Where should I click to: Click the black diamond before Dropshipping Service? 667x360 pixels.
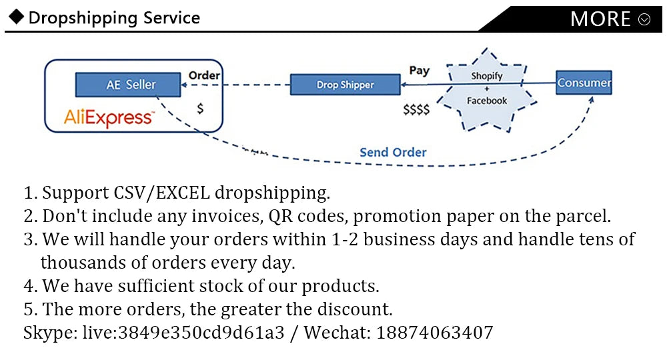[16, 17]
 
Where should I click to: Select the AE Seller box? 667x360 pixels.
[128, 85]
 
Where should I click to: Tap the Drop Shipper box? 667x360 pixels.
[345, 85]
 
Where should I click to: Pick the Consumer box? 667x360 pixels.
[584, 83]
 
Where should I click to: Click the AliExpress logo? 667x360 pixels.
[109, 118]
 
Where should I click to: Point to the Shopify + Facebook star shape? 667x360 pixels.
[487, 89]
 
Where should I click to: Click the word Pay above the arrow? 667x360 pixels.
[419, 70]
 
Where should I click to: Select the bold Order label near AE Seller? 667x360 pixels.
[204, 75]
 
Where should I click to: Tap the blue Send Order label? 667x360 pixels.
[393, 152]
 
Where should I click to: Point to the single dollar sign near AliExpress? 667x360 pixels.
[200, 109]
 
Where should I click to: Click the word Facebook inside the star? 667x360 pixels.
[487, 101]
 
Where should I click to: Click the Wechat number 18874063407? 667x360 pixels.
[435, 332]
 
